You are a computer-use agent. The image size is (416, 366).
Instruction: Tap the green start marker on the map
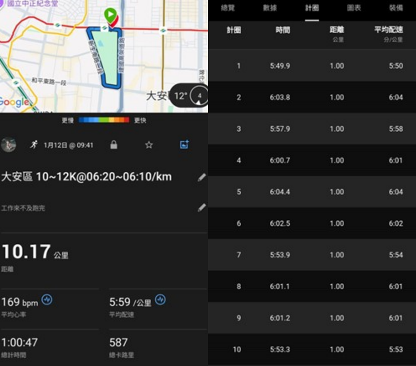pos(110,15)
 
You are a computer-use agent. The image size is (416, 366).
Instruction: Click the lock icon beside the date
pos(113,145)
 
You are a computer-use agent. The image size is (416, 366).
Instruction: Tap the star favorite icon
pos(149,145)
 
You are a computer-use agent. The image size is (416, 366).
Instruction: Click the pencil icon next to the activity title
pos(202,177)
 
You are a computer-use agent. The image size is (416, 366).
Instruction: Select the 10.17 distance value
pos(26,252)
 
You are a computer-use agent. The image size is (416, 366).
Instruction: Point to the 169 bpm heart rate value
pos(20,302)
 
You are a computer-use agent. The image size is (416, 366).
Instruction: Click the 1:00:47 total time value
pos(20,342)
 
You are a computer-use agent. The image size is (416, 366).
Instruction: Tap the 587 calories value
pos(118,342)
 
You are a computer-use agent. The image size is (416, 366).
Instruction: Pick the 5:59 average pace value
pos(120,302)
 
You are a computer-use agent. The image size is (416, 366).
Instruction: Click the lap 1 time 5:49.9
pos(280,66)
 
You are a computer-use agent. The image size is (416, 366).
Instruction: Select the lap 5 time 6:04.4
pos(280,192)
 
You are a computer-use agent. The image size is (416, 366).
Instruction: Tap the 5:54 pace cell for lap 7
pos(396,255)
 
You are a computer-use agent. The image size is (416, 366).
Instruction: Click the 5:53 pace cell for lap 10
pos(396,350)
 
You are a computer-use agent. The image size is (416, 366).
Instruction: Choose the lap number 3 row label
pos(239,129)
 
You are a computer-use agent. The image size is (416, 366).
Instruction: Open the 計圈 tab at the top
pos(312,8)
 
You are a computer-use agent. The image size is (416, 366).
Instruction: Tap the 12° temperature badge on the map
pos(181,96)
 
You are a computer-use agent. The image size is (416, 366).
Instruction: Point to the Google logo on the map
pos(14,102)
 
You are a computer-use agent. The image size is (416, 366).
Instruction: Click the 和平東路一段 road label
pos(49,81)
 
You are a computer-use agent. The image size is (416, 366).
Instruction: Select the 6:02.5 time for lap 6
pos(280,224)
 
